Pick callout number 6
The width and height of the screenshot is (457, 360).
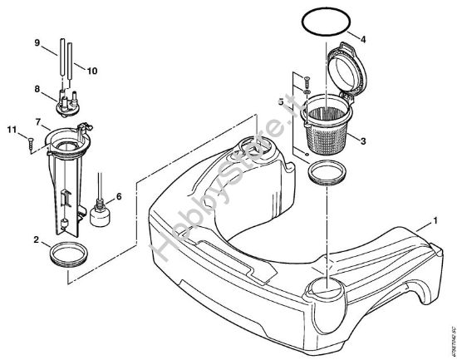(120, 196)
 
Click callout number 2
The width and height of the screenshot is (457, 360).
(36, 239)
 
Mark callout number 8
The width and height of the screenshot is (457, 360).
(36, 89)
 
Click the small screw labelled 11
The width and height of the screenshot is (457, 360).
(30, 142)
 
